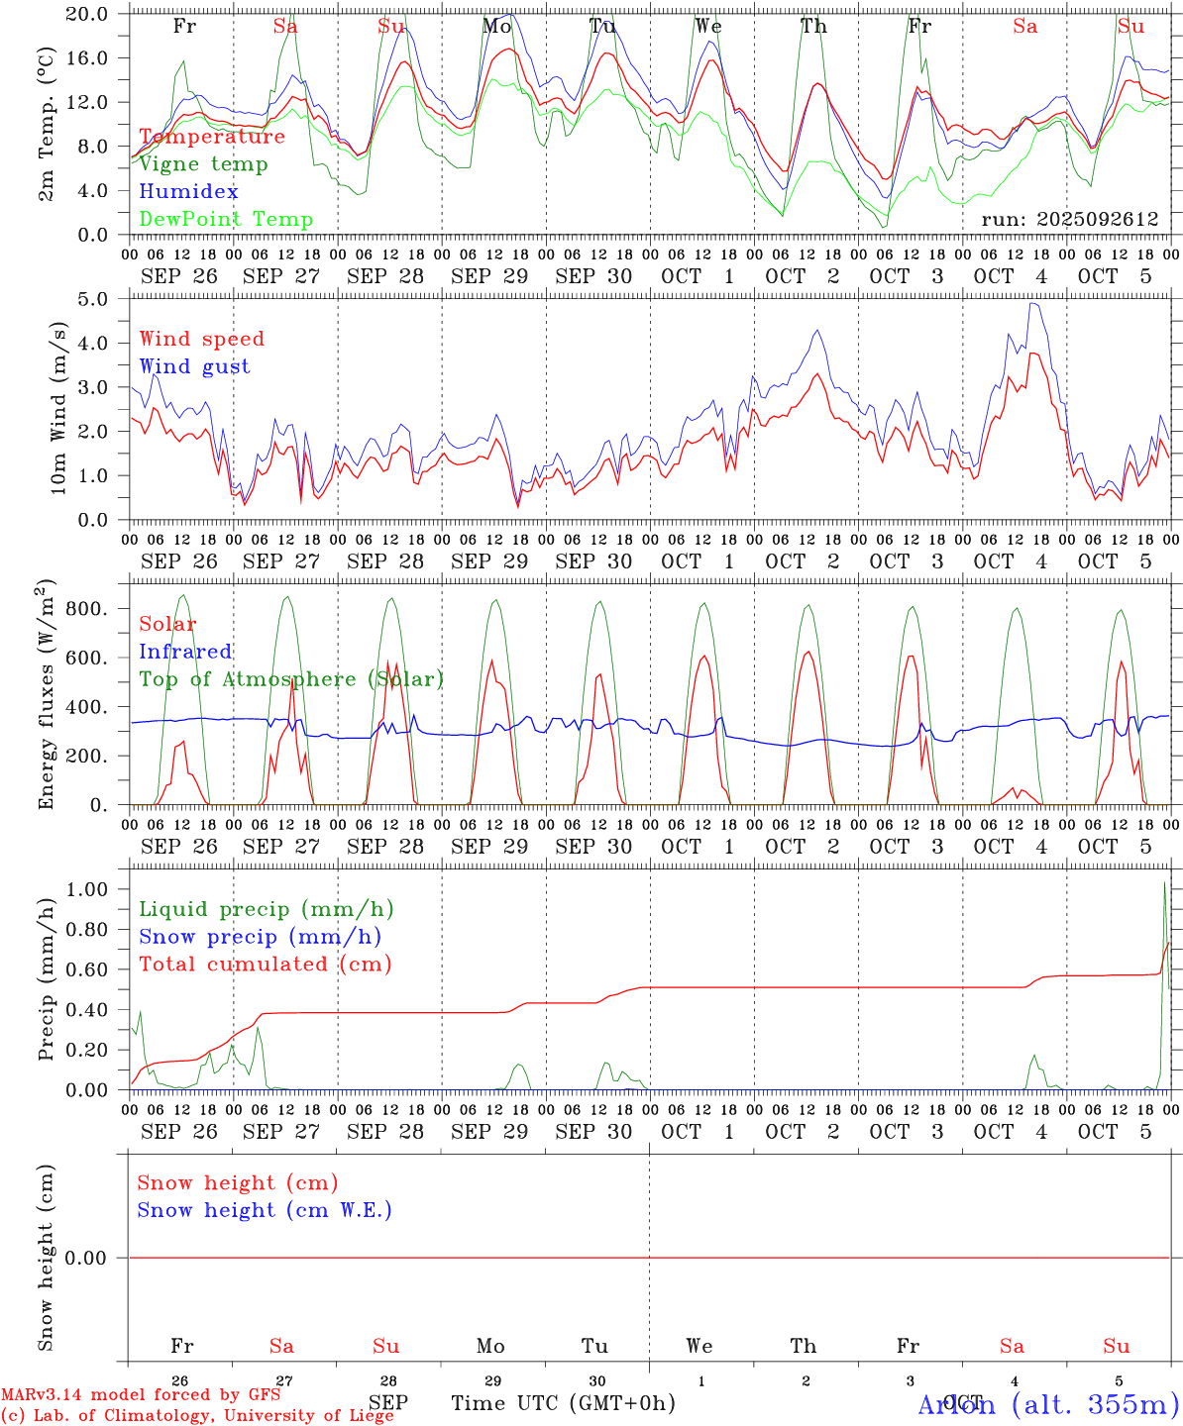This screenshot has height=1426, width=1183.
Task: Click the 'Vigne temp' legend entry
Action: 203,164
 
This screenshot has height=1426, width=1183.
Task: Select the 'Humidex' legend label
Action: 189,192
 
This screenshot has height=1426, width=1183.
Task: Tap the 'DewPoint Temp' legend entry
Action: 226,220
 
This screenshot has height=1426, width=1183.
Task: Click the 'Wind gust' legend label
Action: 194,366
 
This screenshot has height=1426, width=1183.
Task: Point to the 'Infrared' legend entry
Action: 185,652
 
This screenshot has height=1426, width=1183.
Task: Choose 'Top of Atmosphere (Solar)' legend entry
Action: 290,679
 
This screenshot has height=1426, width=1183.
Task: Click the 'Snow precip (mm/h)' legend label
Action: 260,937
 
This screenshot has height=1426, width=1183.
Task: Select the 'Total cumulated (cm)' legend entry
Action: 265,965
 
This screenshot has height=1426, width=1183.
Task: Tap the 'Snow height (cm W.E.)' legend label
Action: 264,1210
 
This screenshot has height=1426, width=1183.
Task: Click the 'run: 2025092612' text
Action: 1069,220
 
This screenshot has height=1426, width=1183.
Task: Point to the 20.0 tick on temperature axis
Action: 86,14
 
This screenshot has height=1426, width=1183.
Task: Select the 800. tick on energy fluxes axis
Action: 86,609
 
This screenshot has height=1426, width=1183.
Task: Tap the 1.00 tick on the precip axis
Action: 86,889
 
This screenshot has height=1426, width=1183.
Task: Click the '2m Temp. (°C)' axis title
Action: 47,124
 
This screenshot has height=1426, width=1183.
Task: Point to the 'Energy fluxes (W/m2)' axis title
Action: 47,696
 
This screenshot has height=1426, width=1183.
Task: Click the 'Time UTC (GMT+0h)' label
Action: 563,1403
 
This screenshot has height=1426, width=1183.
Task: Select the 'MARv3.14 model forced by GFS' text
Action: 140,1395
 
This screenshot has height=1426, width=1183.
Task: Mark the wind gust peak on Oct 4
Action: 1033,304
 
